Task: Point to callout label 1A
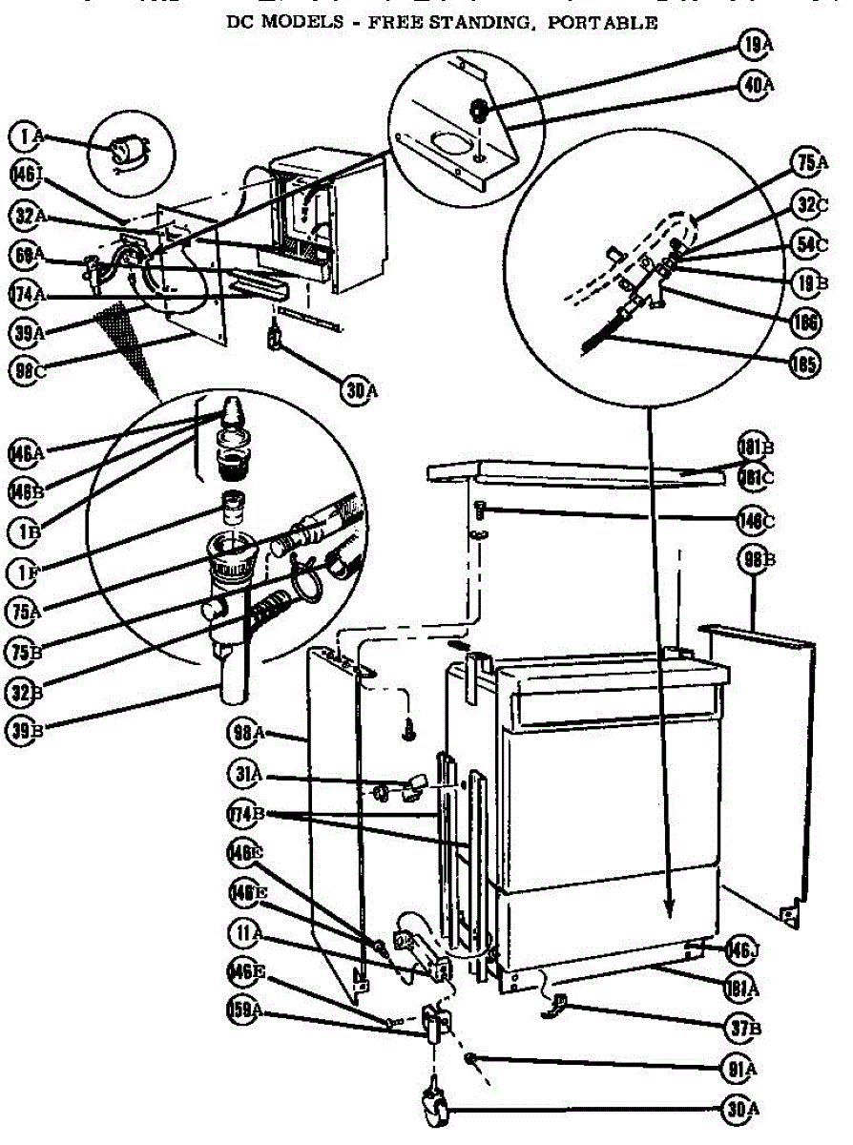29,138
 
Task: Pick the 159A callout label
243,1010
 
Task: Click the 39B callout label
28,732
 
